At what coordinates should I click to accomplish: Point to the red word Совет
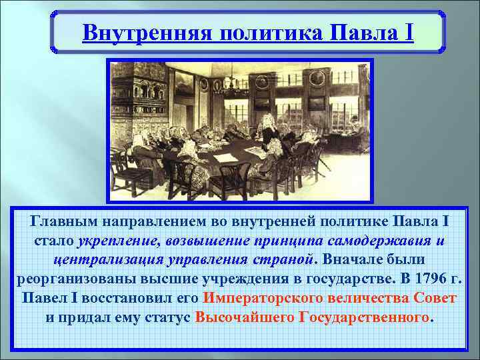435,297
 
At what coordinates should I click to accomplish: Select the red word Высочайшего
244,317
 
